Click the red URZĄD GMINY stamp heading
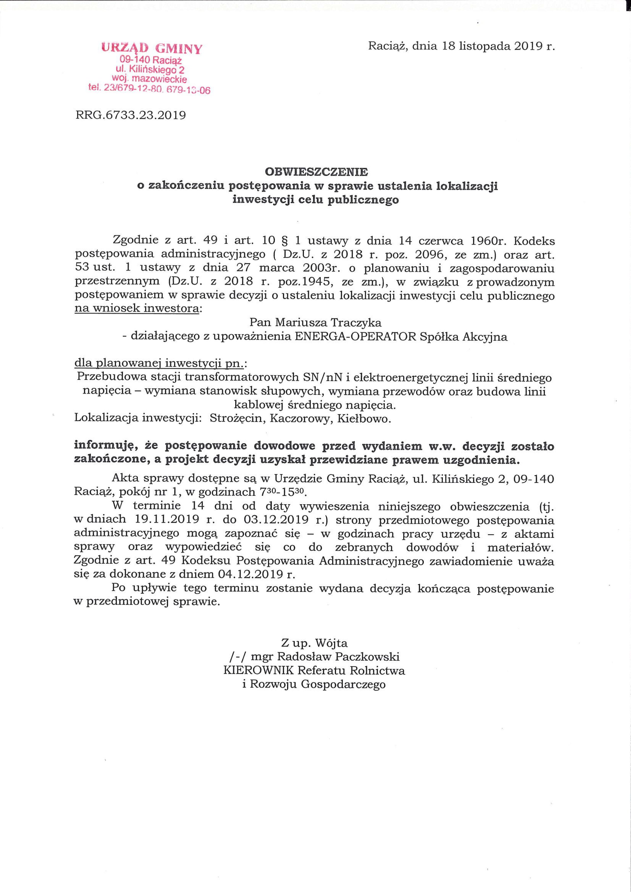tap(152, 49)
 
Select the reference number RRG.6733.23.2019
tap(130, 115)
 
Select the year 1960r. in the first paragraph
tap(487, 241)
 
